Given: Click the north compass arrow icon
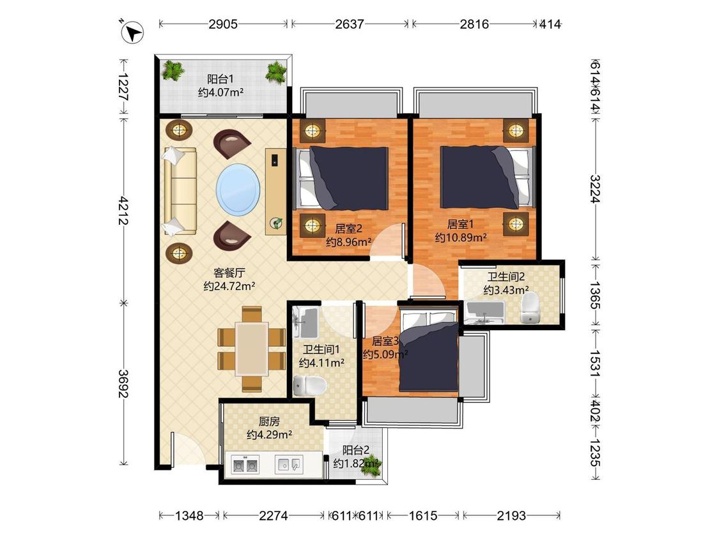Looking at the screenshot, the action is (x=132, y=32).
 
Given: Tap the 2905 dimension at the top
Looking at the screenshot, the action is (x=223, y=24).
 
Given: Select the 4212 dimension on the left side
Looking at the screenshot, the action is (x=123, y=210).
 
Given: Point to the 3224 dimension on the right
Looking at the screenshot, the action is (x=595, y=189).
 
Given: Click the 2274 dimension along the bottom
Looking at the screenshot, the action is (x=274, y=515).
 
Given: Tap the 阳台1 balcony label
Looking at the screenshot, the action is (x=220, y=79).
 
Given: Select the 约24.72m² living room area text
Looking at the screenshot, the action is (x=229, y=287).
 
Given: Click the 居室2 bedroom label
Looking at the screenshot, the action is (x=348, y=228).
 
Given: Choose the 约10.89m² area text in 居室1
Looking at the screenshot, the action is (x=461, y=238).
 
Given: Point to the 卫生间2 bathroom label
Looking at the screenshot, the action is (x=506, y=277).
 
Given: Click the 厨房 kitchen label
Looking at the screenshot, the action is (x=269, y=421).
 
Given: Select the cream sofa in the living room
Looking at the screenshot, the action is (x=180, y=191).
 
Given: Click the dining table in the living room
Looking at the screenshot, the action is (x=252, y=349).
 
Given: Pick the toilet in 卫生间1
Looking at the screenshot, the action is (x=309, y=386).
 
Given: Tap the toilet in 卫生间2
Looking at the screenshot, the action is (x=530, y=308).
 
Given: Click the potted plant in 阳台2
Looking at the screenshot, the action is (x=371, y=464).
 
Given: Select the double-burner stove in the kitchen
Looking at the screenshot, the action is (x=245, y=465).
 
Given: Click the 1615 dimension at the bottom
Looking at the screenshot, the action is (x=423, y=515).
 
